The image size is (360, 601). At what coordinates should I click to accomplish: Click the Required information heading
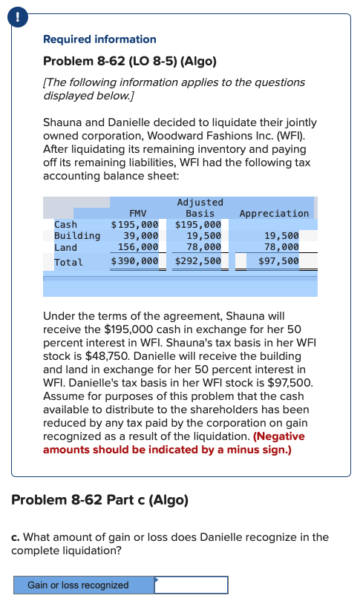click(x=99, y=39)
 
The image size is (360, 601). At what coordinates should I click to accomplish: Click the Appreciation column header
click(x=274, y=213)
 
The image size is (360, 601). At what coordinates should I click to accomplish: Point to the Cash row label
click(x=65, y=224)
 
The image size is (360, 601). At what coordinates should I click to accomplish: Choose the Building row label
click(x=77, y=236)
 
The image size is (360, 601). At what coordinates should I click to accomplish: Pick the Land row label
click(x=65, y=247)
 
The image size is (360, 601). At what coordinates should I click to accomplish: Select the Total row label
click(x=68, y=261)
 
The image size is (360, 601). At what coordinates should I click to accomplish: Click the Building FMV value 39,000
click(x=140, y=236)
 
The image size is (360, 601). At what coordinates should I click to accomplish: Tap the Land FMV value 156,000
click(x=137, y=247)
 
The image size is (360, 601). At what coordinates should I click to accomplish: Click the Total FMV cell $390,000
click(x=134, y=261)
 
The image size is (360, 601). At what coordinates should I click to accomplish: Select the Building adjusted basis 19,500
click(x=203, y=236)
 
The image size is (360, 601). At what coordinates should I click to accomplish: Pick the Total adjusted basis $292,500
click(x=197, y=261)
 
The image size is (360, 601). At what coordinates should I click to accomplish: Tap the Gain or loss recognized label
click(x=78, y=585)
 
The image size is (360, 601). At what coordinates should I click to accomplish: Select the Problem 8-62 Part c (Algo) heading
click(x=99, y=499)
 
